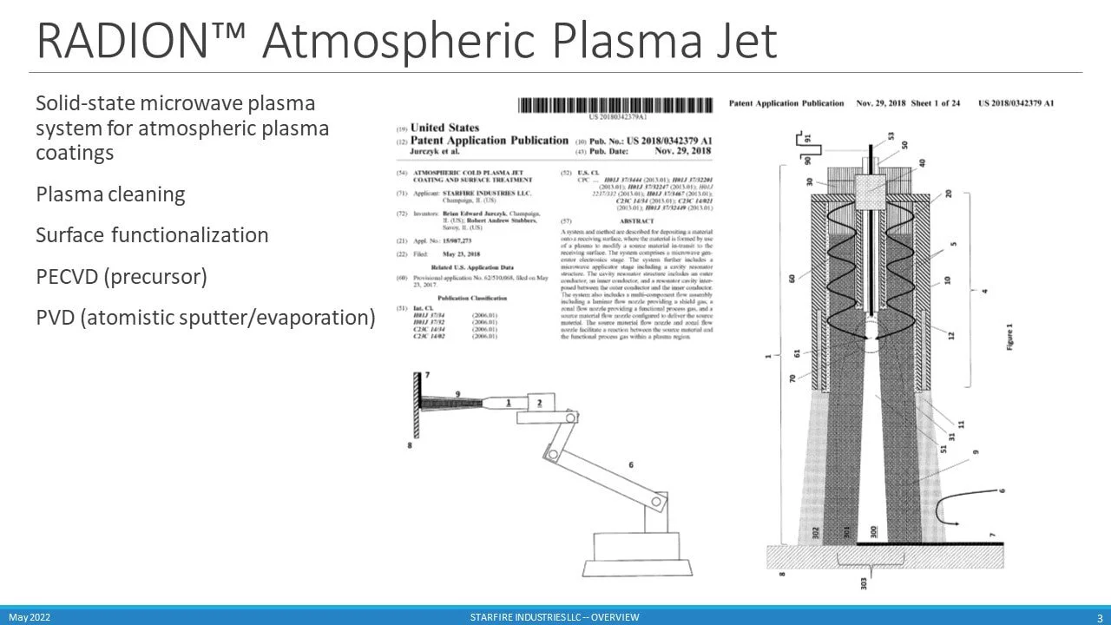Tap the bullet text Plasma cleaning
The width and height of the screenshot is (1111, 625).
[110, 194]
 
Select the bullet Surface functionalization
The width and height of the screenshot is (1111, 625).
[152, 235]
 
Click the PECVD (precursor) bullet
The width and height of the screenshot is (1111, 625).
[121, 276]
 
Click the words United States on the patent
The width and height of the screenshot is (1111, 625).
[444, 128]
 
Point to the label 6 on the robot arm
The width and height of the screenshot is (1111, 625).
[631, 465]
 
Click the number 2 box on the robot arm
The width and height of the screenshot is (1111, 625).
[539, 403]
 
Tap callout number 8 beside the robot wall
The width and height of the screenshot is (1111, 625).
[409, 445]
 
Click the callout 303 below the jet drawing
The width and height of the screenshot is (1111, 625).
[864, 582]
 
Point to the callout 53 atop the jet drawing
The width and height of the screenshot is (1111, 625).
[891, 135]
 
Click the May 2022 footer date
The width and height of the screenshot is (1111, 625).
[29, 617]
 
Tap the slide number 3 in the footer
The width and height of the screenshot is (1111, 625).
[1099, 617]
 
